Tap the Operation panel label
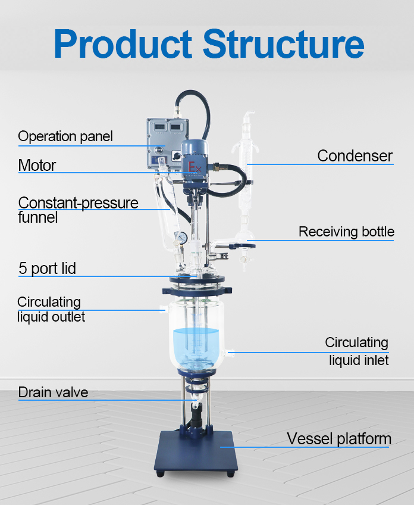(65, 136)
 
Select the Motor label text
(37, 165)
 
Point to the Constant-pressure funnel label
(77, 210)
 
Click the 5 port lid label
(47, 269)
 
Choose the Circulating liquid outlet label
(51, 309)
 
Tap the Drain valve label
(53, 392)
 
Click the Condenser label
(355, 156)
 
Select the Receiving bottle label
(346, 232)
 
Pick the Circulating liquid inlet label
(356, 351)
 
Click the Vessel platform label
(339, 439)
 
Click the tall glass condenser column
(246, 179)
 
